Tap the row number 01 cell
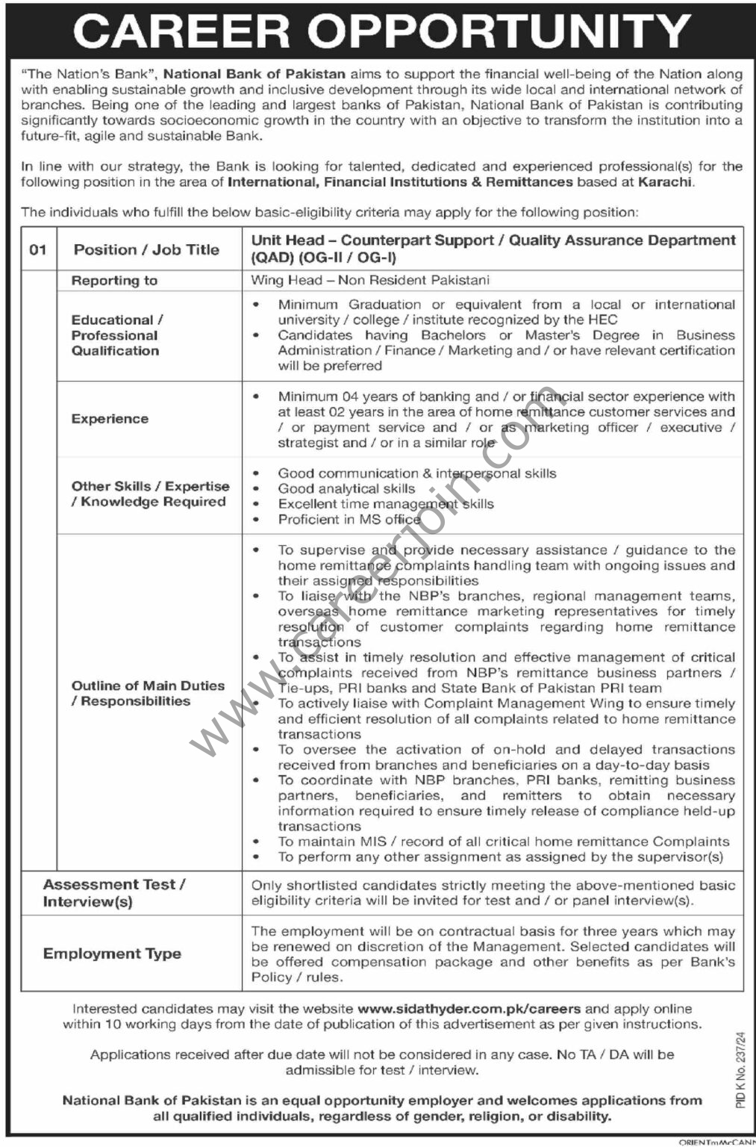click(38, 249)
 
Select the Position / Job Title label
click(146, 249)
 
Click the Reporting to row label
click(114, 281)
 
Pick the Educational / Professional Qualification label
click(116, 335)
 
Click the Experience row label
click(110, 419)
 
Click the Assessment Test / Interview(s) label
click(114, 892)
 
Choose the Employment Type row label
click(112, 954)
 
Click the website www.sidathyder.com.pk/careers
click(469, 1009)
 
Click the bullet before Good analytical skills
click(257, 488)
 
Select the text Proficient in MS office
click(349, 520)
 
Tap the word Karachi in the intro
click(664, 181)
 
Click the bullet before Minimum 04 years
click(257, 397)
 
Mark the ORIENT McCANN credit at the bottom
click(716, 1142)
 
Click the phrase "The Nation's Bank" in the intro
click(89, 74)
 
